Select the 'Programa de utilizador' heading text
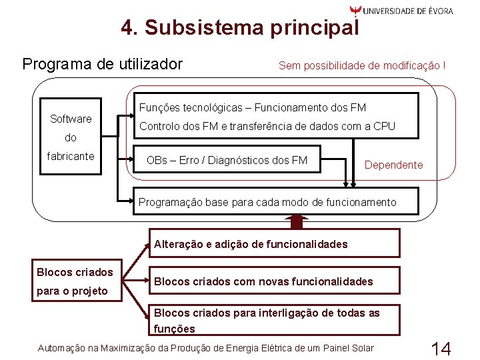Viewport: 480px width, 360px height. [x=102, y=64]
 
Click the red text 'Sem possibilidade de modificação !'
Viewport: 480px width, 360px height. [x=362, y=65]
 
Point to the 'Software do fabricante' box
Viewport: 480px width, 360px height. [x=71, y=137]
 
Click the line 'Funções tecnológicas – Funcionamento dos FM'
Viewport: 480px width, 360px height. [x=253, y=107]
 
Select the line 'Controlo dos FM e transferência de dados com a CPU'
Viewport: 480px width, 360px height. [x=267, y=126]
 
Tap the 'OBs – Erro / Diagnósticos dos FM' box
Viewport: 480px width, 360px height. [x=227, y=160]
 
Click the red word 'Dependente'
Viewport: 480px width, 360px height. [x=393, y=165]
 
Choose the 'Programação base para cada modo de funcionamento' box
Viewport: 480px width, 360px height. [x=267, y=202]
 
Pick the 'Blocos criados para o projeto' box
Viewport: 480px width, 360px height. [x=75, y=281]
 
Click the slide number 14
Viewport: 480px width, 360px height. [x=441, y=348]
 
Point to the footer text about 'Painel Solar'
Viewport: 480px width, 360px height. [x=206, y=348]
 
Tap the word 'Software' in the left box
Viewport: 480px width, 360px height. [x=71, y=119]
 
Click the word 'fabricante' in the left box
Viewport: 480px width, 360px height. [x=71, y=156]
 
